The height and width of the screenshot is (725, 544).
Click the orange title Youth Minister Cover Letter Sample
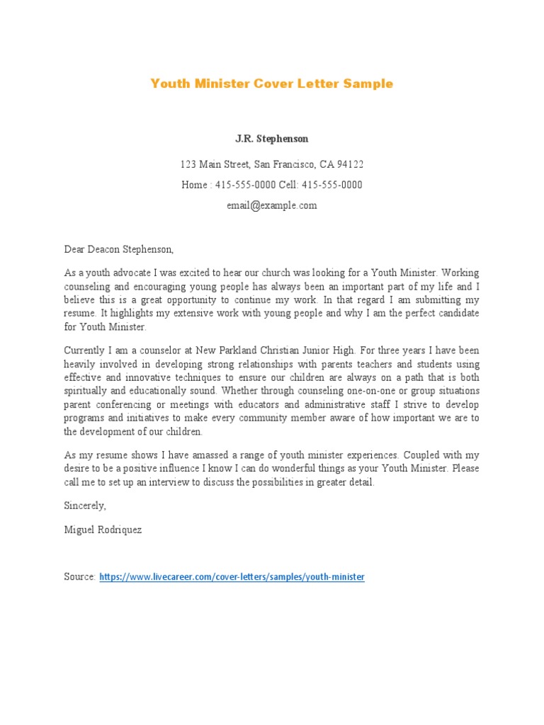pyautogui.click(x=271, y=84)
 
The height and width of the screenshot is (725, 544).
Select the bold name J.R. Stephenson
pyautogui.click(x=272, y=139)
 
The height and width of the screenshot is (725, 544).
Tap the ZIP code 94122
pyautogui.click(x=349, y=165)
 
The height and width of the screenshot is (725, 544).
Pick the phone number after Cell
pyautogui.click(x=332, y=185)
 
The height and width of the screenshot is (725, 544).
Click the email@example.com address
pyautogui.click(x=271, y=206)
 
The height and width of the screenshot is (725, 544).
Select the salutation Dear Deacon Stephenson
pyautogui.click(x=119, y=249)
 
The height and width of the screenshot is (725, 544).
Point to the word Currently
pyautogui.click(x=85, y=350)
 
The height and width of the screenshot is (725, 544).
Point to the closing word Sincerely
pyautogui.click(x=85, y=506)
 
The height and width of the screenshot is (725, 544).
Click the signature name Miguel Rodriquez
pyautogui.click(x=103, y=530)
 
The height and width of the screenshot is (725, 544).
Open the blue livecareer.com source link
pyautogui.click(x=232, y=577)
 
